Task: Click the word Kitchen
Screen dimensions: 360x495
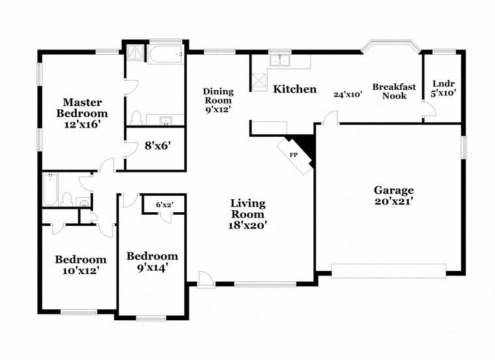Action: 294,89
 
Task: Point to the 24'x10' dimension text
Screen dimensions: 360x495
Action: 347,94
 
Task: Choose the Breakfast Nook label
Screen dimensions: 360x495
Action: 389,91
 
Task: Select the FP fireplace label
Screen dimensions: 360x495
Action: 293,155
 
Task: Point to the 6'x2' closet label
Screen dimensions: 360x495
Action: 164,204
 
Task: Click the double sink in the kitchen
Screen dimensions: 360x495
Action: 282,61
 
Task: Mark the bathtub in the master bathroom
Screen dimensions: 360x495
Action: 165,55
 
